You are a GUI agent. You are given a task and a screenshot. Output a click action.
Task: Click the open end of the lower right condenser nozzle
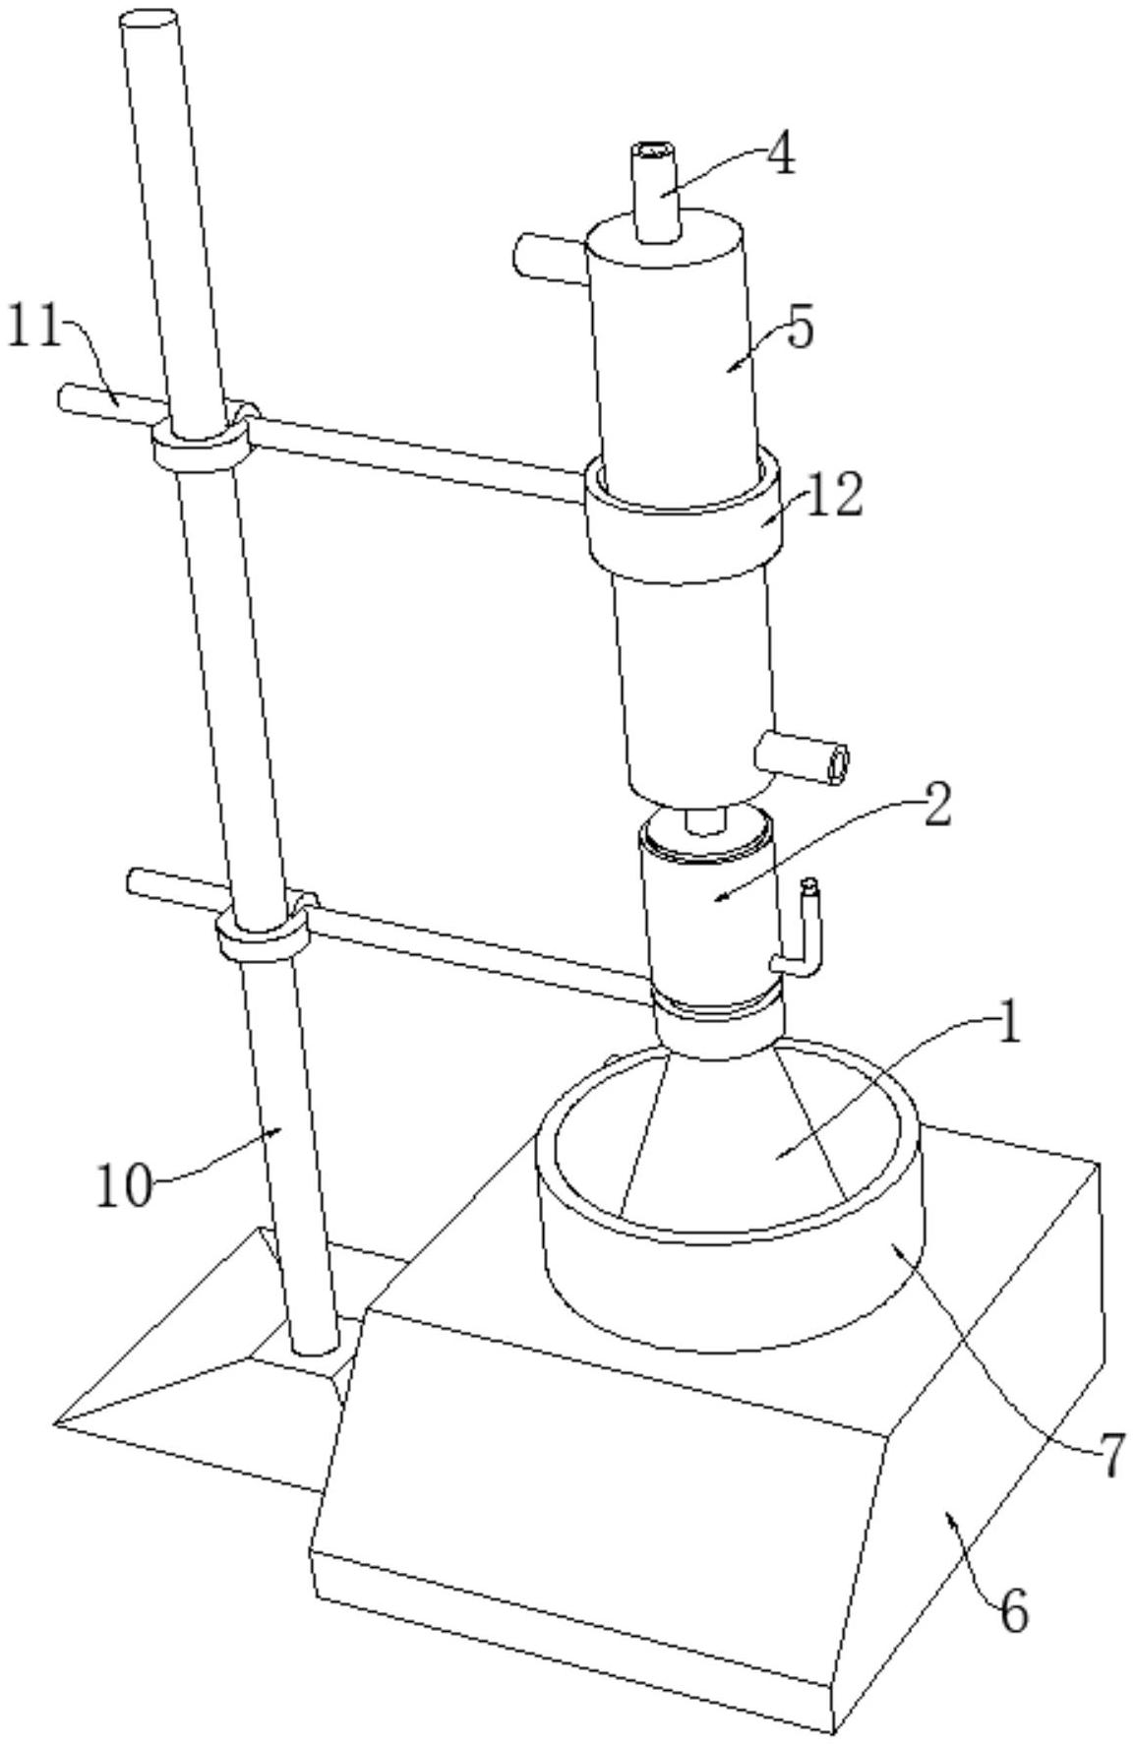coord(838,765)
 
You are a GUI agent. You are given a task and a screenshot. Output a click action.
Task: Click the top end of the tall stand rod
coord(149,20)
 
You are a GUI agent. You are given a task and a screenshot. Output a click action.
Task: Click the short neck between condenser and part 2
coord(704,819)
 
